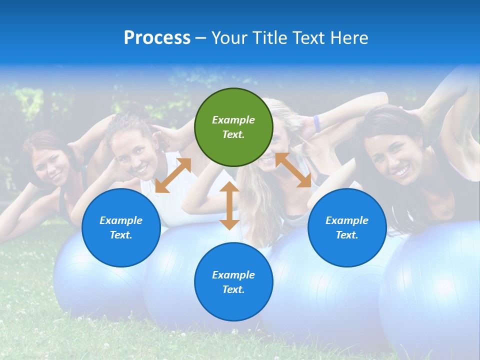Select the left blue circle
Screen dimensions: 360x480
(121, 227)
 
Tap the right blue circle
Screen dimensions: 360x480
(347, 227)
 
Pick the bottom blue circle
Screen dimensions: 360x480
(233, 281)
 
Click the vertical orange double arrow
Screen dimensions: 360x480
(229, 205)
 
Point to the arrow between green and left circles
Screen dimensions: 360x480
(173, 175)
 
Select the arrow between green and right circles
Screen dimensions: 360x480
(293, 170)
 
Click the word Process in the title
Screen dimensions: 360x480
(157, 38)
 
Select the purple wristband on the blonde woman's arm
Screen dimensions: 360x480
(316, 123)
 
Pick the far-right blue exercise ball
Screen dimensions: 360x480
(435, 295)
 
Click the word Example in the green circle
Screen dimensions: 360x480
(233, 120)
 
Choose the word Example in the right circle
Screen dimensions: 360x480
(347, 220)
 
